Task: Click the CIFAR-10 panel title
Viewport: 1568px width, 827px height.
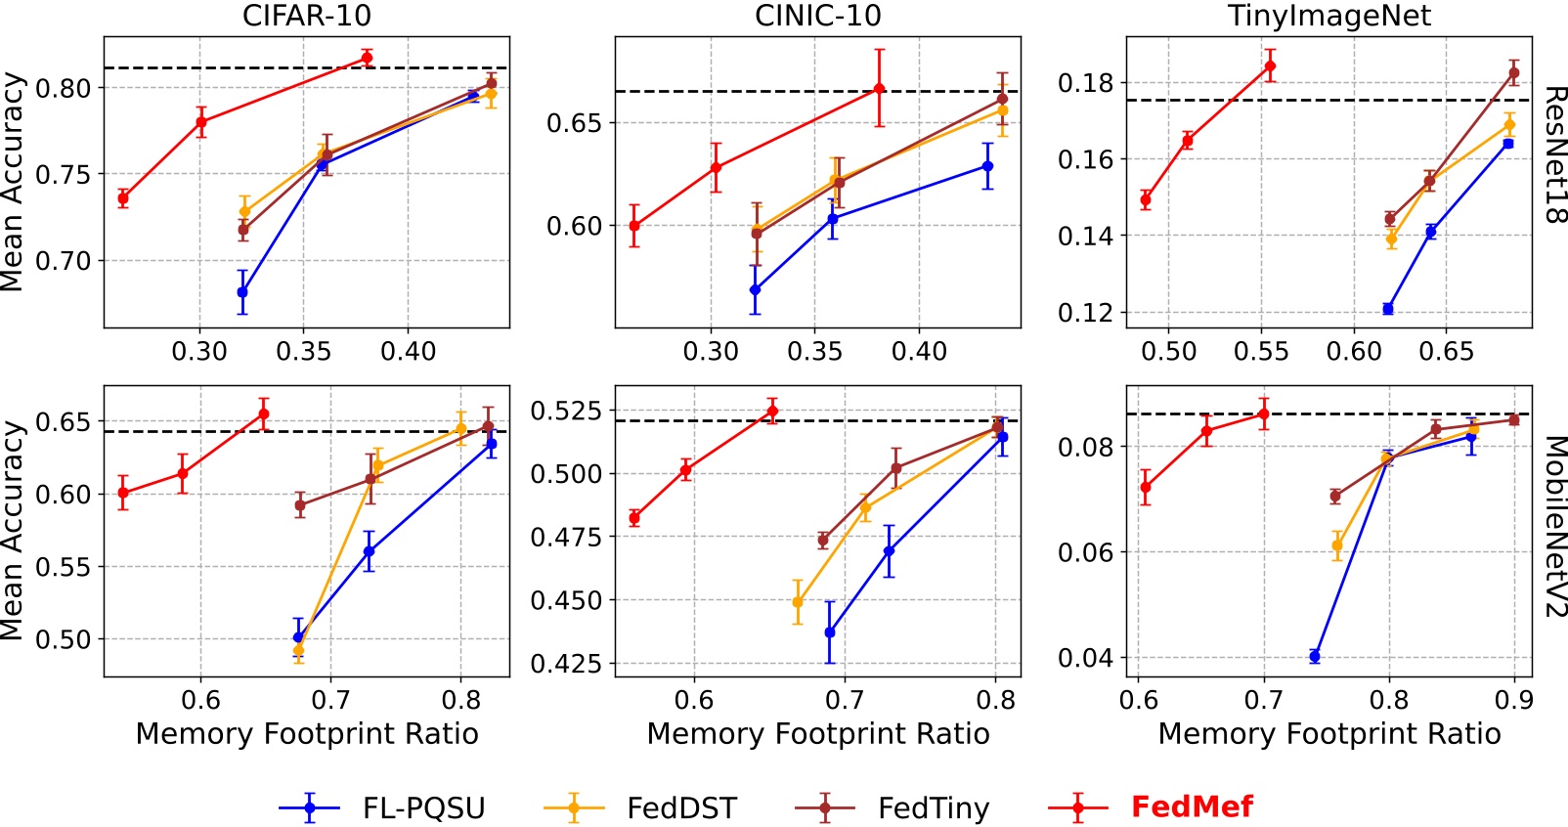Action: coord(306,16)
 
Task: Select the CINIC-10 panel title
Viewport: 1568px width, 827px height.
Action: coord(817,16)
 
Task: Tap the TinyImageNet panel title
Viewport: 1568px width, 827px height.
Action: coord(1328,16)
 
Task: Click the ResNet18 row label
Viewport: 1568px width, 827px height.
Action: coord(1554,155)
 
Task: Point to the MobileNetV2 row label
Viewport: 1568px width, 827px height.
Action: coord(1554,527)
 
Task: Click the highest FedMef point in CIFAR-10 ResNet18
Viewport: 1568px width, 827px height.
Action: coord(367,58)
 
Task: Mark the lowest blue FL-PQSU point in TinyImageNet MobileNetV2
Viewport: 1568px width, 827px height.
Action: coord(1315,656)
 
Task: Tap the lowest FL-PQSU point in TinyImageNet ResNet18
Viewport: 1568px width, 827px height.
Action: coord(1388,309)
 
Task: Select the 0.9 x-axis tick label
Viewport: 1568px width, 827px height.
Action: coord(1514,700)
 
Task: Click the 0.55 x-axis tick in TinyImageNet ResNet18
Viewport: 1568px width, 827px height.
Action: coord(1261,351)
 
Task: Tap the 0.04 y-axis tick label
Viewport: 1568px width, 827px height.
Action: coord(1085,658)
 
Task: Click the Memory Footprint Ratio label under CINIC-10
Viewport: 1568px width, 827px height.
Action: coord(817,734)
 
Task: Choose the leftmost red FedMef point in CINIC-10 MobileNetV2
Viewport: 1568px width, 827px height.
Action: coord(634,518)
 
